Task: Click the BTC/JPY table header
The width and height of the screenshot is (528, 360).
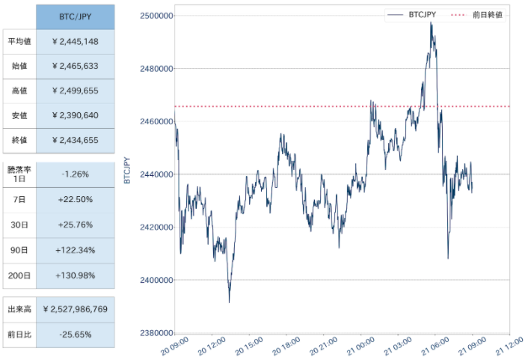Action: (76, 17)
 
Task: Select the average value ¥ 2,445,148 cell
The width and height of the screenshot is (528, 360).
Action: (76, 42)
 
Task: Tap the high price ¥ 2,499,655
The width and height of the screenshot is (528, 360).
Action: (76, 91)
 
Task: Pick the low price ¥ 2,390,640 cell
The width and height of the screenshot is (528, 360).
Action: (76, 115)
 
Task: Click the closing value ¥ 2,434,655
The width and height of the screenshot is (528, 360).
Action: (76, 140)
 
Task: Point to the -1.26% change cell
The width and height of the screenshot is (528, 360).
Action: (76, 174)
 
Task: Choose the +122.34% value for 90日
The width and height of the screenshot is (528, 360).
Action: (76, 251)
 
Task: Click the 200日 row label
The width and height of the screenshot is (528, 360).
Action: (19, 275)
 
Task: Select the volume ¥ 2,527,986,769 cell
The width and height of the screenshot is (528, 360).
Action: (76, 309)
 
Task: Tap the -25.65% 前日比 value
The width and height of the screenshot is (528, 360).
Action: (76, 335)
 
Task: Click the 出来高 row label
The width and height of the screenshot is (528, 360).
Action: (19, 309)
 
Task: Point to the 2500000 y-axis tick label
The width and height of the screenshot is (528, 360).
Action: (156, 16)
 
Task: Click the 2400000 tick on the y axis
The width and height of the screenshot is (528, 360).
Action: (156, 280)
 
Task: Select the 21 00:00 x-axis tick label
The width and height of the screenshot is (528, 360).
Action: (360, 347)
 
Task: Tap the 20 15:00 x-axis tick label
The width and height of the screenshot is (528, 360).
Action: (249, 347)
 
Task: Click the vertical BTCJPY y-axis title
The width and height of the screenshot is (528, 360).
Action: (127, 170)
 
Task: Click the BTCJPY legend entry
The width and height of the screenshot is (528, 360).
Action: (412, 15)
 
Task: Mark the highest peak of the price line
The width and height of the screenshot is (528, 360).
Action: (431, 22)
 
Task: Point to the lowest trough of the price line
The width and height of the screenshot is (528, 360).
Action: (230, 302)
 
